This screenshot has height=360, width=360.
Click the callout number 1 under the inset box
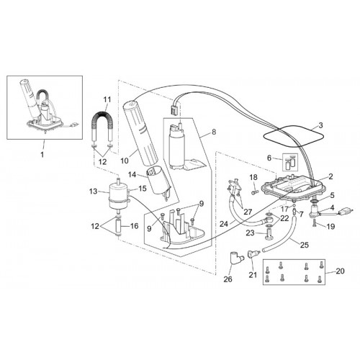(x=42, y=154)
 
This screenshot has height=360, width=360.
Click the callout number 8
(x=214, y=132)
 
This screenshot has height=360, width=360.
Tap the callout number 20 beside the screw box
(x=340, y=271)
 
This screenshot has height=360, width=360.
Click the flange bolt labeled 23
(x=269, y=234)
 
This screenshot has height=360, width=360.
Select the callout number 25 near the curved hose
(x=304, y=245)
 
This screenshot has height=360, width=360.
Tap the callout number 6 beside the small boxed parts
(x=269, y=158)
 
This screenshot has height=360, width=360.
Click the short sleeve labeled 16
(x=119, y=227)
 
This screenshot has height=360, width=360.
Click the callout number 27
(x=248, y=212)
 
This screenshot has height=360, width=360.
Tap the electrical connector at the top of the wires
(x=174, y=111)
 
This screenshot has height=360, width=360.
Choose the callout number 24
(x=224, y=224)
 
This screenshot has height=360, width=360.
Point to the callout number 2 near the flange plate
(x=330, y=176)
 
